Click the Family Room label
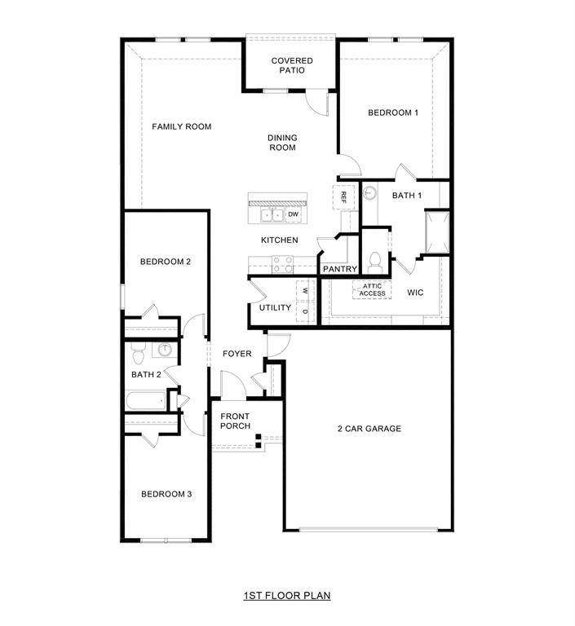[x=182, y=126]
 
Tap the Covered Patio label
[x=292, y=65]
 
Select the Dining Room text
[x=282, y=143]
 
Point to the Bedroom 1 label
[x=393, y=112]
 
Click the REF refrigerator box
[x=344, y=196]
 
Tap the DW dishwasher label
[x=292, y=214]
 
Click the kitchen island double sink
[x=272, y=215]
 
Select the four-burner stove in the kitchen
[x=283, y=263]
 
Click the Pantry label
[x=340, y=269]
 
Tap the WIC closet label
[x=415, y=291]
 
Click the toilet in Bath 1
[x=375, y=262]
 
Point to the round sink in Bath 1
[x=369, y=194]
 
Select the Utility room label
[x=275, y=307]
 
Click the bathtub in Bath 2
[x=145, y=401]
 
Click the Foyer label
[x=237, y=354]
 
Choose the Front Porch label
[x=235, y=421]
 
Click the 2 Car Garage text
[x=369, y=429]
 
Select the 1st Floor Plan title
[x=286, y=596]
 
